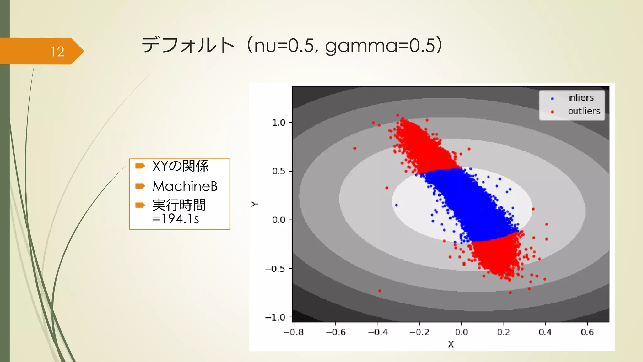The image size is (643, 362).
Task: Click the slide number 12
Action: [57, 52]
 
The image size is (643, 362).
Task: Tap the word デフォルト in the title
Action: [188, 45]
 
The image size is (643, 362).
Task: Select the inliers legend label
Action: [581, 98]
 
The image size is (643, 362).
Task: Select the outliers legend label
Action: [584, 111]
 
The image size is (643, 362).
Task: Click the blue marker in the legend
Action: [552, 99]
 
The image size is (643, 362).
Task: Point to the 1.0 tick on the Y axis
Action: [278, 123]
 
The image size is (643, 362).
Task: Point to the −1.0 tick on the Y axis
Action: [275, 317]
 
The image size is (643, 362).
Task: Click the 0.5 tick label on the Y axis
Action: [278, 171]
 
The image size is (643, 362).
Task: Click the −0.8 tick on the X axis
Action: [294, 332]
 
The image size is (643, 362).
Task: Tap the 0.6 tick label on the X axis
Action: [587, 332]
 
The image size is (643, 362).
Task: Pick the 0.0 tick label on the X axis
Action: [461, 332]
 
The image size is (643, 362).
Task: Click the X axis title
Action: [451, 344]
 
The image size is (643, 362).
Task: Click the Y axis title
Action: [255, 204]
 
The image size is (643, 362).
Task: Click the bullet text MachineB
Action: [185, 186]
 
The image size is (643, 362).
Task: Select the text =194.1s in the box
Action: [176, 219]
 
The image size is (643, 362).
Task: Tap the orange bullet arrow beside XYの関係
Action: [140, 166]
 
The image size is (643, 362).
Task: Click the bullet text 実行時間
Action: [179, 205]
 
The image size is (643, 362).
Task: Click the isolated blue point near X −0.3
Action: [396, 205]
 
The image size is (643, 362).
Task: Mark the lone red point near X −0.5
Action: [354, 148]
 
